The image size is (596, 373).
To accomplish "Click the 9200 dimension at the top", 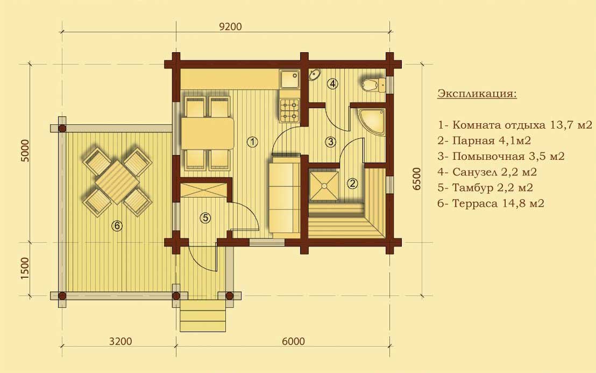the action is click(230, 26).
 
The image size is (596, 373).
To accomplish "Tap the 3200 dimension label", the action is click(120, 341).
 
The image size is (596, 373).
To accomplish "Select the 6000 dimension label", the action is click(293, 341).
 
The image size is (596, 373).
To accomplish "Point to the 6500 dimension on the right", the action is click(417, 179).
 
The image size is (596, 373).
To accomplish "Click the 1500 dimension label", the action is click(25, 269).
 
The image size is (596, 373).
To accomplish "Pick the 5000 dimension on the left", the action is click(25, 151).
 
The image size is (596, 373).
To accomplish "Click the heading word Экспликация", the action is click(477, 93).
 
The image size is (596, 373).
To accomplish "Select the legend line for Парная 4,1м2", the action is click(484, 140).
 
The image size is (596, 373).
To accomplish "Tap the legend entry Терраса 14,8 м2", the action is click(491, 203).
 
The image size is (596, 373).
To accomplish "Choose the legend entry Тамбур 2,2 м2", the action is click(485, 187).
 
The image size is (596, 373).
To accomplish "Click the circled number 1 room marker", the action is click(252, 142).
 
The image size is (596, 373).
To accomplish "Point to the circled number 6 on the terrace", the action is click(117, 226).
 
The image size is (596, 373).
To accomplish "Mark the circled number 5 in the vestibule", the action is click(205, 218).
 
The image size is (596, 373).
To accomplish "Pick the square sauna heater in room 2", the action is click(324, 186).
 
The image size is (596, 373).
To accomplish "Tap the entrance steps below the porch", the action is click(203, 315).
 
